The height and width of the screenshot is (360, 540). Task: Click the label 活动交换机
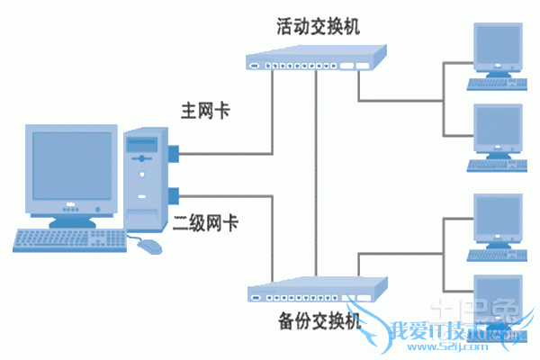click(317, 26)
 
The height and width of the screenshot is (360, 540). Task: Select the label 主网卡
click(205, 112)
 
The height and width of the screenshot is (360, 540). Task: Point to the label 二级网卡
click(205, 222)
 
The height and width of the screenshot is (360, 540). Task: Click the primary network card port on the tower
click(172, 152)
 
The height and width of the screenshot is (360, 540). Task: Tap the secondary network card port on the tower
click(172, 193)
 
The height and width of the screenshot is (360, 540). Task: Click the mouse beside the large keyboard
click(149, 245)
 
